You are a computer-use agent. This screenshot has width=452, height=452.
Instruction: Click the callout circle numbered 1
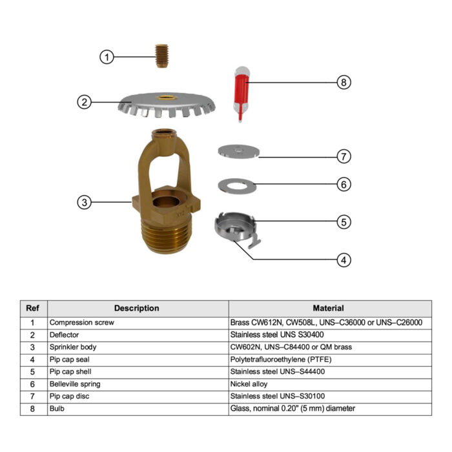point(107,57)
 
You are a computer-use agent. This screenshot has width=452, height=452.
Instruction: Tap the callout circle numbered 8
point(344,82)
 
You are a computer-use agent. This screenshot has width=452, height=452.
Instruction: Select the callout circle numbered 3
point(85,201)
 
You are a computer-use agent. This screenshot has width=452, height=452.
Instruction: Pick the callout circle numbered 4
point(344,260)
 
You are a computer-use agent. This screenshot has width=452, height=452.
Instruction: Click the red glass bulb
point(241,90)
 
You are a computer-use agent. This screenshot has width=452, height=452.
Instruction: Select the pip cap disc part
point(238,150)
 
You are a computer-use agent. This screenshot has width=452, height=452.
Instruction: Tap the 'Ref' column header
point(32,309)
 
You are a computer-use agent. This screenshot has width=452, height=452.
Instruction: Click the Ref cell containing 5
point(32,371)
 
